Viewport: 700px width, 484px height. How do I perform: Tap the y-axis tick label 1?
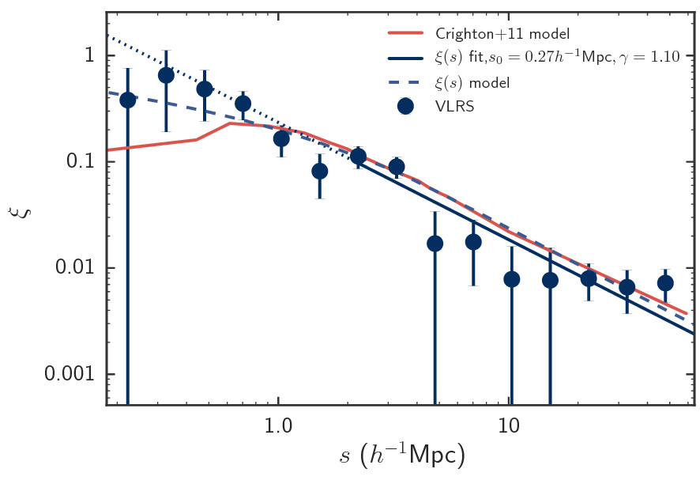[89, 56]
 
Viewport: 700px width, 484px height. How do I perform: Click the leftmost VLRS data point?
[127, 100]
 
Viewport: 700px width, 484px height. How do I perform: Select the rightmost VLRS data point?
[665, 283]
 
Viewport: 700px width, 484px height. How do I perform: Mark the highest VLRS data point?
[166, 75]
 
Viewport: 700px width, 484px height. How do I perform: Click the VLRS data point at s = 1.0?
[281, 139]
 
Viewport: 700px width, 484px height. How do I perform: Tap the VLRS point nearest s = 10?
[511, 279]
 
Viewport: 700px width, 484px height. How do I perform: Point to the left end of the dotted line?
[107, 35]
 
